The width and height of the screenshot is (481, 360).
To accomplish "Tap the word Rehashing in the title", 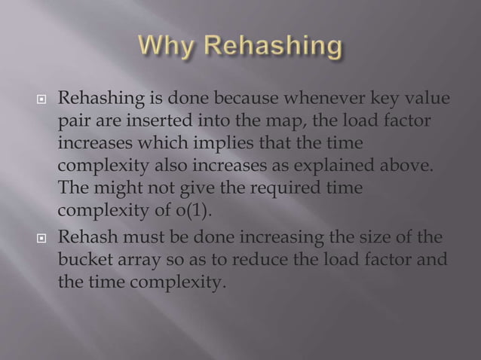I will [277, 49].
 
